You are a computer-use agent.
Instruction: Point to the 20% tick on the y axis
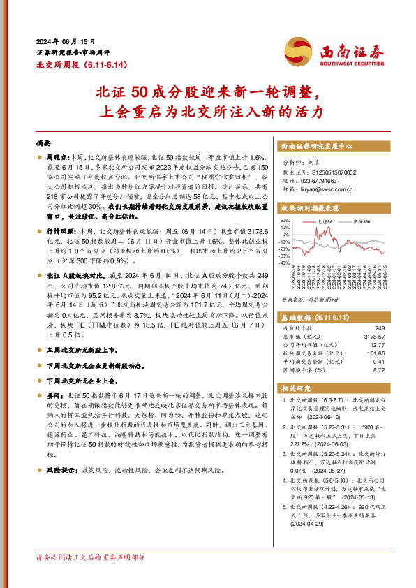coord(285,219)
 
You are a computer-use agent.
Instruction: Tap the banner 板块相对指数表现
coord(310,208)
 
